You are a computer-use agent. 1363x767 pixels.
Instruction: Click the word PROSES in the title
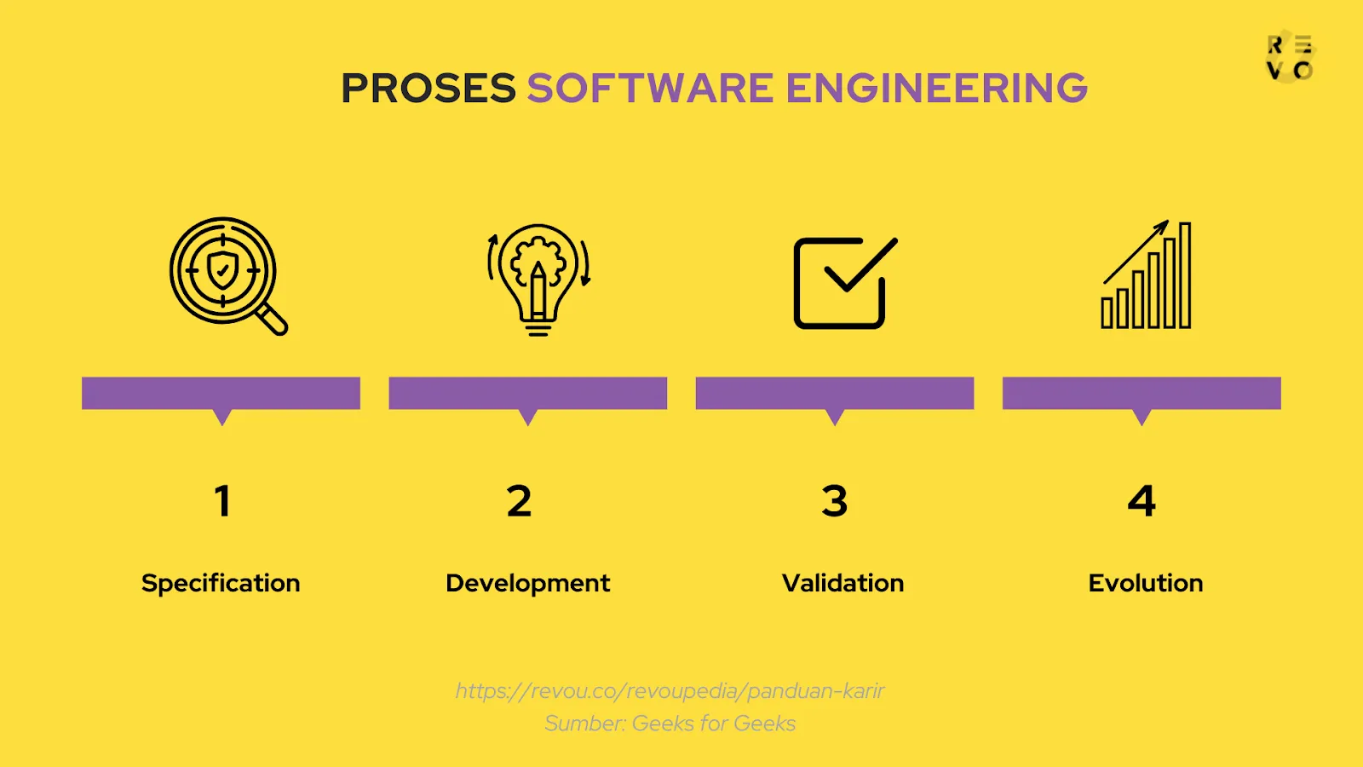pos(428,89)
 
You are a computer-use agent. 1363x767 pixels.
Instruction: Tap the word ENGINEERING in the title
pos(936,89)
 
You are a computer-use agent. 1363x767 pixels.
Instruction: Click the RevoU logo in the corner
pos(1290,58)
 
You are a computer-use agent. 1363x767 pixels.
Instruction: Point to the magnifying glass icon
pos(227,275)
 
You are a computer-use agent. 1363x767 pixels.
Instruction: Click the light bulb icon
pos(538,280)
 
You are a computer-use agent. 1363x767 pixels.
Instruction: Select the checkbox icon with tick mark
pos(843,282)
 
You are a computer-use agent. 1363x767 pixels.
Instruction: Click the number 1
pos(222,501)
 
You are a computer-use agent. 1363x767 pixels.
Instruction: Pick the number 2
pos(519,501)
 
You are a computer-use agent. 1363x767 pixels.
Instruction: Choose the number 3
pos(835,501)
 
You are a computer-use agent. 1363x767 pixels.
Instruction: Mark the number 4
pos(1142,501)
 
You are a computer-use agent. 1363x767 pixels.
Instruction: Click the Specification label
pos(221,584)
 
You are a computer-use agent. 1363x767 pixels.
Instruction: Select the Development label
pos(527,584)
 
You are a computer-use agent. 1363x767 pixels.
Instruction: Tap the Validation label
pos(843,584)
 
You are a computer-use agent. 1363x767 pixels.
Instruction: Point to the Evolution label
pos(1146,584)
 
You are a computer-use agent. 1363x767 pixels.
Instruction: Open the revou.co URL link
pos(670,690)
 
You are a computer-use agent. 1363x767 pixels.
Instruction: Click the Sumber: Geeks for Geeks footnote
pos(670,724)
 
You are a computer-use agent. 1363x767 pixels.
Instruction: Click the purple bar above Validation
pos(835,393)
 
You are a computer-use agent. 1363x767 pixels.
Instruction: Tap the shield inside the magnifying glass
pos(222,271)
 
